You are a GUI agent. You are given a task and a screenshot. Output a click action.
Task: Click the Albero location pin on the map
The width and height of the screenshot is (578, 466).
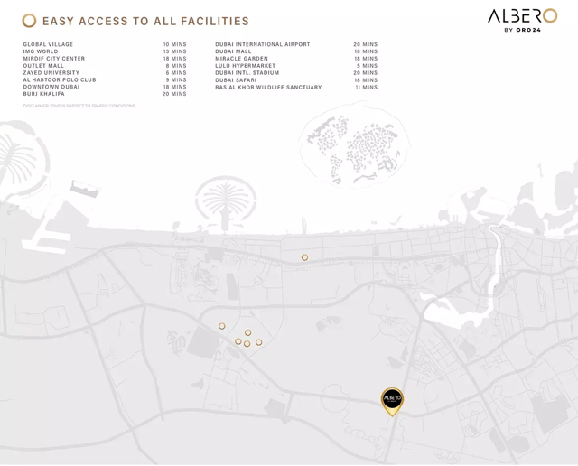click(392, 400)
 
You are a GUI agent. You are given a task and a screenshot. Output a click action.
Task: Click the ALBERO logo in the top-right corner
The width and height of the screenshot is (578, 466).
click(522, 19)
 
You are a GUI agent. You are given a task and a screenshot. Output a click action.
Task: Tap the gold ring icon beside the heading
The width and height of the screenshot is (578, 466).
click(30, 21)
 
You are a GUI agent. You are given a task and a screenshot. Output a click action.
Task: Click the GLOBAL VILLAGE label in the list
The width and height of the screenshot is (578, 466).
click(48, 44)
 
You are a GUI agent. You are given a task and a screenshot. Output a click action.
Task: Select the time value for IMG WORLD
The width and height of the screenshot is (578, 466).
click(174, 51)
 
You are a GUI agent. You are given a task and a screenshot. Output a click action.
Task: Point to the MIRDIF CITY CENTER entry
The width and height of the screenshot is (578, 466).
click(54, 59)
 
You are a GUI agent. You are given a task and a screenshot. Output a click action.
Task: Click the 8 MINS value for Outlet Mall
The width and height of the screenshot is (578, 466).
click(176, 66)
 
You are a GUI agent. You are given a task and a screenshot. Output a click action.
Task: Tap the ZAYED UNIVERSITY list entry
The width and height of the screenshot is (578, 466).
click(51, 73)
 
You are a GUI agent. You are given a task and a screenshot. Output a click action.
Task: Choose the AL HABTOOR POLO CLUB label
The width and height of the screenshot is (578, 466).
click(60, 80)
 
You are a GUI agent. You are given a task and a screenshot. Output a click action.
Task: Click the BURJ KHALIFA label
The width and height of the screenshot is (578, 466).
click(44, 94)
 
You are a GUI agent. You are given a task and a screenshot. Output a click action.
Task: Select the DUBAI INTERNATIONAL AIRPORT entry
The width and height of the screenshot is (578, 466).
click(262, 44)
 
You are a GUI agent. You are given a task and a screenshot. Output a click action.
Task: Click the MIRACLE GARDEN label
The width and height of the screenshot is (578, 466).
click(241, 59)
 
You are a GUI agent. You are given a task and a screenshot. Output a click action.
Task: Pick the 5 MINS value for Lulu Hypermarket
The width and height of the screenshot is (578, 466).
click(367, 66)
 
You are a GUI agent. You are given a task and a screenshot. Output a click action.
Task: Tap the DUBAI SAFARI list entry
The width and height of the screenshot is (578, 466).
click(236, 80)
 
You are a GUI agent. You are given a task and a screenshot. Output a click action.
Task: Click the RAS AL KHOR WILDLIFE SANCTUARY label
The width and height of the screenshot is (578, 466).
click(268, 88)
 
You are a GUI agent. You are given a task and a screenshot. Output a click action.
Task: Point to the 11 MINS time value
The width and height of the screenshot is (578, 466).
click(366, 88)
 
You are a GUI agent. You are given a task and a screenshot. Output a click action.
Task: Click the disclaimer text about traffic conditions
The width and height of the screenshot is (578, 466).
click(79, 106)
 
